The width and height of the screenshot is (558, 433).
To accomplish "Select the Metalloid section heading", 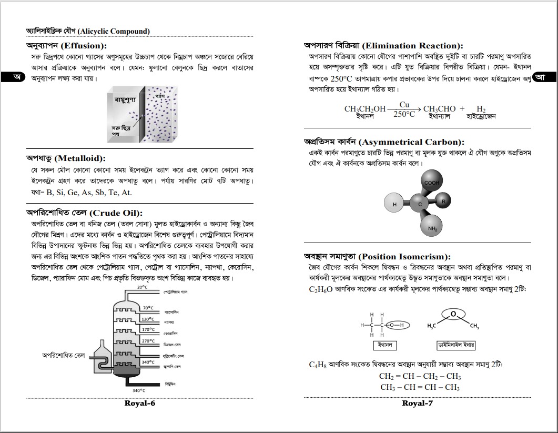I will pyautogui.click(x=66, y=158).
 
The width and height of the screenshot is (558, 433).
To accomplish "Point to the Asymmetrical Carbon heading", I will pyautogui.click(x=384, y=142).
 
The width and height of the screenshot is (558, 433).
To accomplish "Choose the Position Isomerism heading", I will pyautogui.click(x=377, y=257).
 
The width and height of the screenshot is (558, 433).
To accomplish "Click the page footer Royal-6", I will pyautogui.click(x=140, y=404).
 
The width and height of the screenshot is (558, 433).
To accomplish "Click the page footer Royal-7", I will pyautogui.click(x=417, y=404).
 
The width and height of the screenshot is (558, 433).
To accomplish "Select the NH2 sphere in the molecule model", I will pyautogui.click(x=432, y=227).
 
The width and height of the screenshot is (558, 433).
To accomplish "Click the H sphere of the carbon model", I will pyautogui.click(x=394, y=204).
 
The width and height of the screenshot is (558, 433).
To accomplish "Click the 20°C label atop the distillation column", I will pyautogui.click(x=143, y=287).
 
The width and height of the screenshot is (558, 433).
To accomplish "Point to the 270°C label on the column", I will pyautogui.click(x=148, y=341).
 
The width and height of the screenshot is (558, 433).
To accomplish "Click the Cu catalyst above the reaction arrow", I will pyautogui.click(x=404, y=105).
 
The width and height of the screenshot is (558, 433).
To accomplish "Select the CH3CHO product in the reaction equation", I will pyautogui.click(x=439, y=109).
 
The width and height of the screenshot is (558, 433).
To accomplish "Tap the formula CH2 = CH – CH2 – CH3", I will pyautogui.click(x=420, y=376).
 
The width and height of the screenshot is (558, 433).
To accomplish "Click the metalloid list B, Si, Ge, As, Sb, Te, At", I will pyautogui.click(x=89, y=193).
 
